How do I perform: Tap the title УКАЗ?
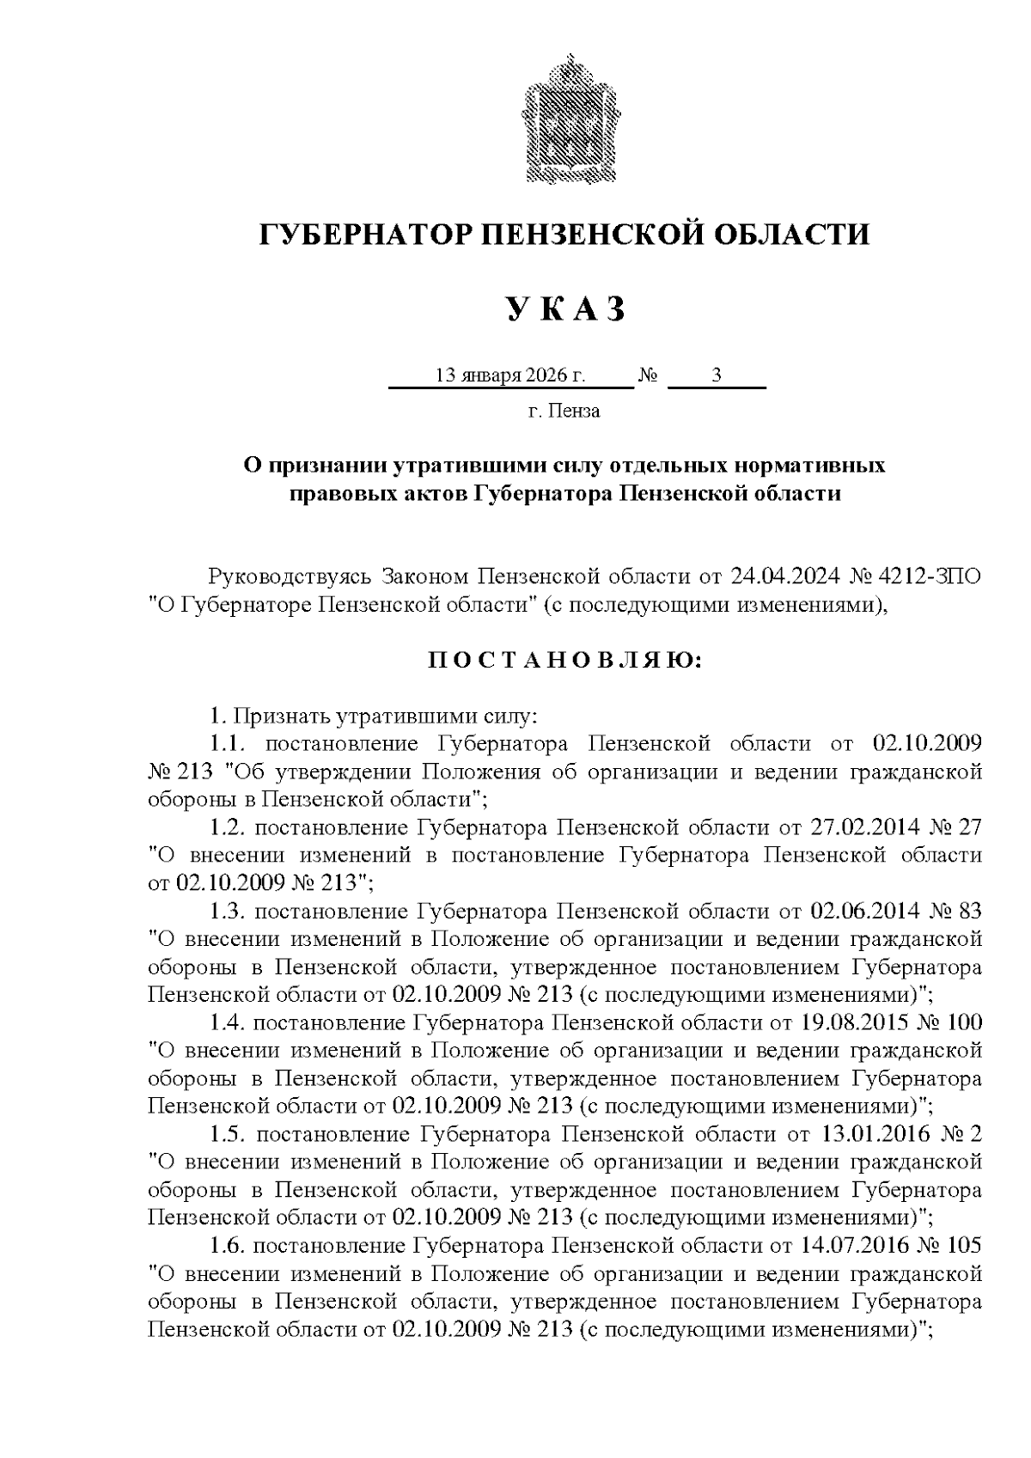(x=564, y=309)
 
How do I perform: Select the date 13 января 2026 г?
(x=510, y=376)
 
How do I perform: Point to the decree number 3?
(x=716, y=376)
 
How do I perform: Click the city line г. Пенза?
(x=564, y=412)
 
